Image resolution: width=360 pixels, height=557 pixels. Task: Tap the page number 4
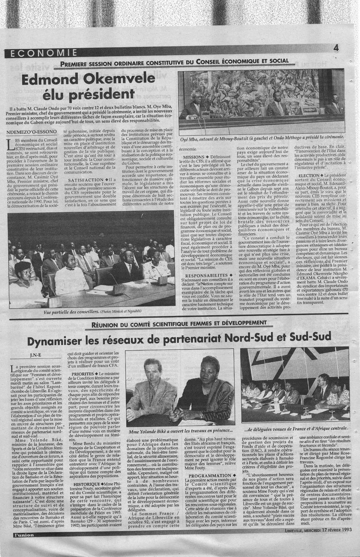(x=336, y=48)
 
